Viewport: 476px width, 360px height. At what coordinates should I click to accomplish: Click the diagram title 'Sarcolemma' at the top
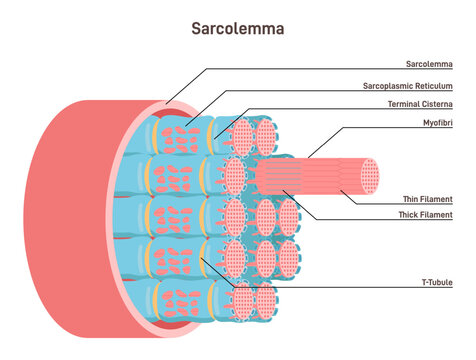tap(237, 28)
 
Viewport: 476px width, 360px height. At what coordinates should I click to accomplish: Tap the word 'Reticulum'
tap(436, 87)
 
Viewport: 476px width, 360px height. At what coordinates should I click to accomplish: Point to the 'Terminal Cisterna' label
tap(420, 105)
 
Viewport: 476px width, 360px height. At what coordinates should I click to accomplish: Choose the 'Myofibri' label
tap(436, 125)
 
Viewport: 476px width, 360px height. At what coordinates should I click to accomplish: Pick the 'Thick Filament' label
tap(425, 216)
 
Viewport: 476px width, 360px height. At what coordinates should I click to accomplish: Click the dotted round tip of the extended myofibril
tap(370, 175)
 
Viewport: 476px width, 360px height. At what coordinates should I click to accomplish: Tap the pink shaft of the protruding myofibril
tap(310, 175)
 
